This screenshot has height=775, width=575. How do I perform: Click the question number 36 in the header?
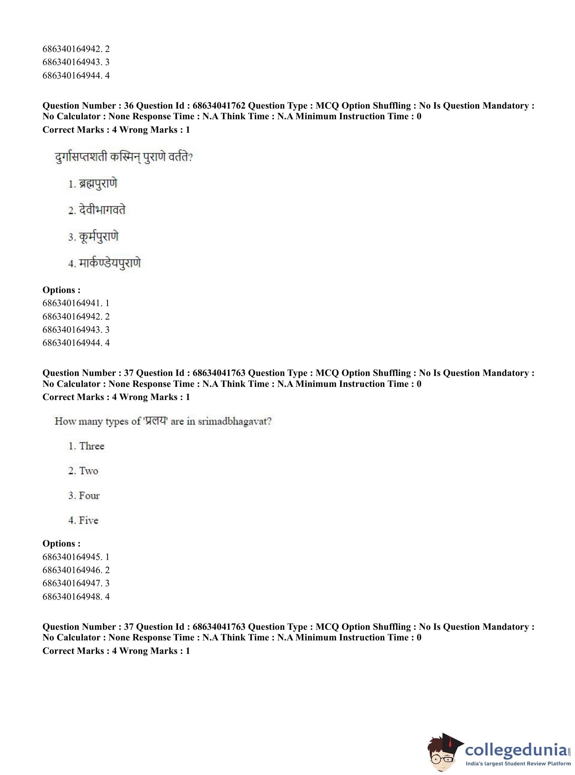coord(128,106)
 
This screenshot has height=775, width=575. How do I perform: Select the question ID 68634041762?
coord(219,106)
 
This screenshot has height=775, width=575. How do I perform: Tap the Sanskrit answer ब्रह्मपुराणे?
coord(98,183)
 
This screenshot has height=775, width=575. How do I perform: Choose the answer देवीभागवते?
coord(102,210)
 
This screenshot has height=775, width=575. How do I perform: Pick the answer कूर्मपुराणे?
coord(99,237)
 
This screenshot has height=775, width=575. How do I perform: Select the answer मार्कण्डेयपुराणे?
coord(110,263)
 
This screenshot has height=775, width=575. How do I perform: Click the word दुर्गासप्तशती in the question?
coord(81,157)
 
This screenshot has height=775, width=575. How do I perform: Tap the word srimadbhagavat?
coord(234,422)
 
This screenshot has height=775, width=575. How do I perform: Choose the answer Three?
coord(91,446)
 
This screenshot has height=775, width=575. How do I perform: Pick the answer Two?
coord(88,471)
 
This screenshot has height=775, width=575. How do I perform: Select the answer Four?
coord(89,496)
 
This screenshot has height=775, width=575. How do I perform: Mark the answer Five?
coord(88,521)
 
